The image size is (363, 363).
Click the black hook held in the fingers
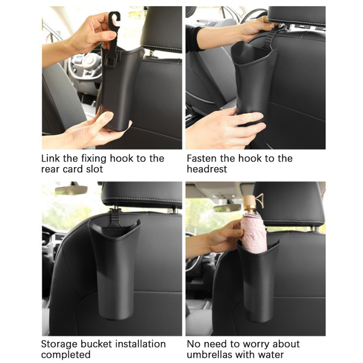[114, 25]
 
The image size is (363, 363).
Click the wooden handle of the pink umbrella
[250, 203]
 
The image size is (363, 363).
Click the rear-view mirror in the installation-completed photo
[71, 190]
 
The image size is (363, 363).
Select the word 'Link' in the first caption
[51, 159]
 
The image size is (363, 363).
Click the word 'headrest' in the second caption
[207, 169]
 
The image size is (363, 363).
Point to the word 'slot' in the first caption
[94, 169]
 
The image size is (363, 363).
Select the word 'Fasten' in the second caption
[202, 159]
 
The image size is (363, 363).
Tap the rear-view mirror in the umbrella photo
[228, 208]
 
